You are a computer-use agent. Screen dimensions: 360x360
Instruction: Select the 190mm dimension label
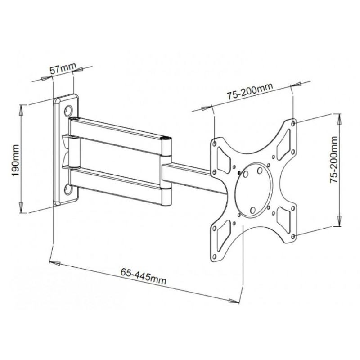(x=16, y=160)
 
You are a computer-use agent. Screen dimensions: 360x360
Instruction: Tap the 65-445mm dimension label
(x=143, y=276)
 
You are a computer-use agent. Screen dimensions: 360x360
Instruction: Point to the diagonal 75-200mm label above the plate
(x=250, y=91)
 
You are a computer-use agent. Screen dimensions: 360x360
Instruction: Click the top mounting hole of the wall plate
(x=68, y=110)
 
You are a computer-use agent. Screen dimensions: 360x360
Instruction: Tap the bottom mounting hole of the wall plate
(x=68, y=189)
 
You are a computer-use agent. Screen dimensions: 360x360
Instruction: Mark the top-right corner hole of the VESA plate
(x=293, y=123)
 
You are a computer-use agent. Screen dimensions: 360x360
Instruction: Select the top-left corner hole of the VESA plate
(x=215, y=144)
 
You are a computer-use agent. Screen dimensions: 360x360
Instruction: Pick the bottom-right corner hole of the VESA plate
(x=293, y=236)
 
